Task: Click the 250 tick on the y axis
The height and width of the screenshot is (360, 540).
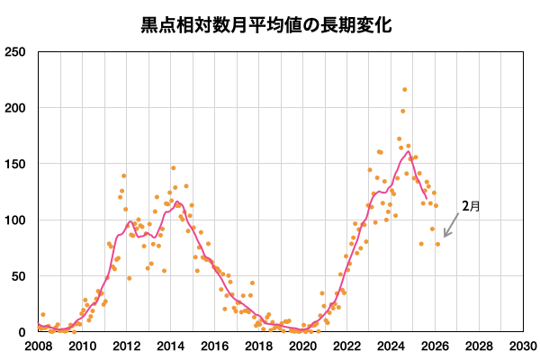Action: [x=15, y=52]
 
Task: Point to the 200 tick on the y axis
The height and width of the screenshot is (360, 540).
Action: [x=15, y=108]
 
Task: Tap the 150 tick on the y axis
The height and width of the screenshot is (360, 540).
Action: [x=15, y=164]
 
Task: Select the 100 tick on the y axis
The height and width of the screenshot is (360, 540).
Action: [x=15, y=220]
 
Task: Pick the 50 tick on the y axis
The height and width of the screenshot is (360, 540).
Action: [x=19, y=275]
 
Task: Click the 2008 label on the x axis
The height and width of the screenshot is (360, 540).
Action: [x=38, y=346]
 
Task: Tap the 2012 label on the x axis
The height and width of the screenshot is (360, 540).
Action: [x=126, y=346]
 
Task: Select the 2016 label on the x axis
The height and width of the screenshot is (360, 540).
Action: [x=214, y=346]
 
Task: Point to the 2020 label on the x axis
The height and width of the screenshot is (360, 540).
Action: [x=302, y=346]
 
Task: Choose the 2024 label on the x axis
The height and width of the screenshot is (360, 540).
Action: [x=391, y=346]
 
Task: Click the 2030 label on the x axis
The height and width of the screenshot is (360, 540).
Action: [x=523, y=346]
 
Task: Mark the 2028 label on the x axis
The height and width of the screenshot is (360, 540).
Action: [x=479, y=346]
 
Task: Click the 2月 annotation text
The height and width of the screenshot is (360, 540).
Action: [x=471, y=206]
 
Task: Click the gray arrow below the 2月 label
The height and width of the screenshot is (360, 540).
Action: [x=451, y=229]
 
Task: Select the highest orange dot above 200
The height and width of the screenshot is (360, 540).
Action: [x=405, y=90]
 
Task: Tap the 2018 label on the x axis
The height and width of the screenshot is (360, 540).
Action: [x=258, y=346]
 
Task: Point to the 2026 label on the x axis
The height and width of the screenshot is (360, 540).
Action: [x=435, y=346]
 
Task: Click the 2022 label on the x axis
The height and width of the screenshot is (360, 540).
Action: [x=346, y=346]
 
